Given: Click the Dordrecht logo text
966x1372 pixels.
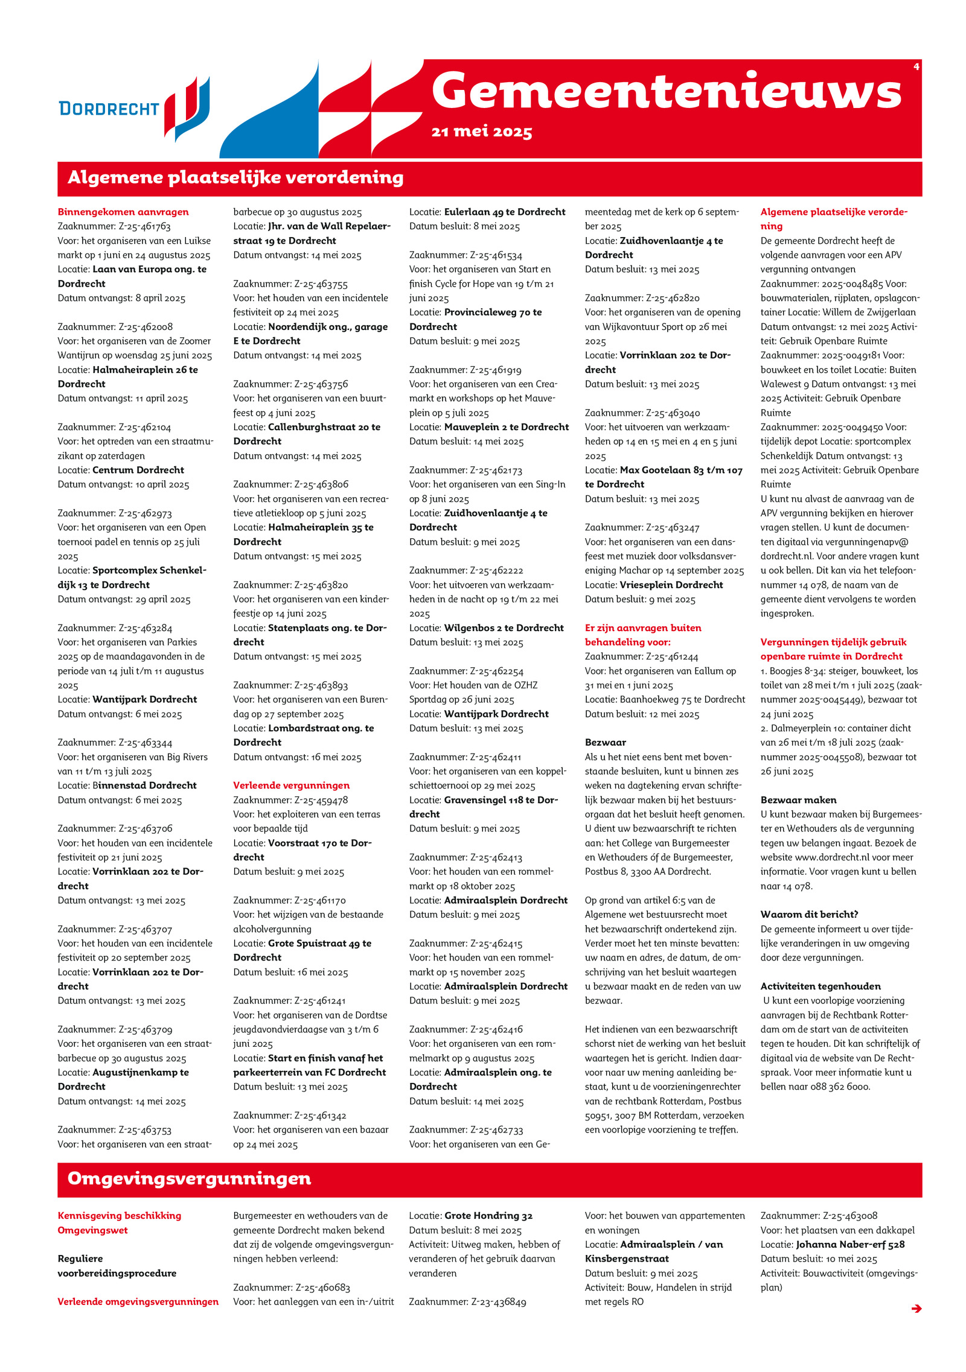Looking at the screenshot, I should click(109, 109).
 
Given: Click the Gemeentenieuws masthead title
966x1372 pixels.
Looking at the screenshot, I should click(666, 92).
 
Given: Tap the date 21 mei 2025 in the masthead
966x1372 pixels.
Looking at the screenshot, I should click(481, 132).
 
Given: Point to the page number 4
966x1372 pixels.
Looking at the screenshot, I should click(916, 67).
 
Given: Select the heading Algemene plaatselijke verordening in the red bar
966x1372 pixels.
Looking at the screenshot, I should click(235, 178).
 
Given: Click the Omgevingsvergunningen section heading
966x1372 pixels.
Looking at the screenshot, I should click(189, 1178).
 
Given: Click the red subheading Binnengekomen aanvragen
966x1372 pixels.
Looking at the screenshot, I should click(123, 212).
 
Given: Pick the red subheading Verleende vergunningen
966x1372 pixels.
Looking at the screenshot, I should click(291, 786).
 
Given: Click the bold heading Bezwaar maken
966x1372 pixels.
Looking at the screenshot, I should click(798, 800).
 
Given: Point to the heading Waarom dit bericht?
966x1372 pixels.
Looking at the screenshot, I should click(809, 915).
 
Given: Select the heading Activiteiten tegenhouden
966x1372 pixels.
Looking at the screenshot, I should click(820, 986).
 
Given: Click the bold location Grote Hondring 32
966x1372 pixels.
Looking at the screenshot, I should click(488, 1216).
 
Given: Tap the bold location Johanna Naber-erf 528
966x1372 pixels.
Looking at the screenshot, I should click(850, 1244).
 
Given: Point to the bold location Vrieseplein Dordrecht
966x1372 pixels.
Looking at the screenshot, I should click(671, 585).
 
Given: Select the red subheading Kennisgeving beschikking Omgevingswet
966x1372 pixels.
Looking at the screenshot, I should click(119, 1223).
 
